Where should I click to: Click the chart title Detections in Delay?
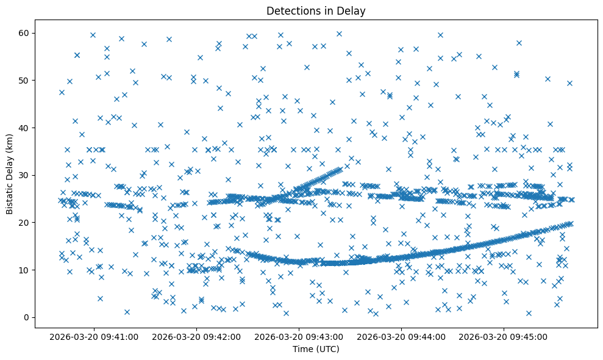(x=316, y=10)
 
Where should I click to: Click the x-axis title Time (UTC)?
(x=316, y=350)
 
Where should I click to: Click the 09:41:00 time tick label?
(x=95, y=337)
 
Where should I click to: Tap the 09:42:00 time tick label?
(x=197, y=337)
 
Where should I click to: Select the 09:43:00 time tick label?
(x=299, y=337)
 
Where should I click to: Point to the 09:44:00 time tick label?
(x=402, y=337)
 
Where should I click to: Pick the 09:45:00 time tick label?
(x=504, y=337)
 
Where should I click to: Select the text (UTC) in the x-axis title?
(x=327, y=350)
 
